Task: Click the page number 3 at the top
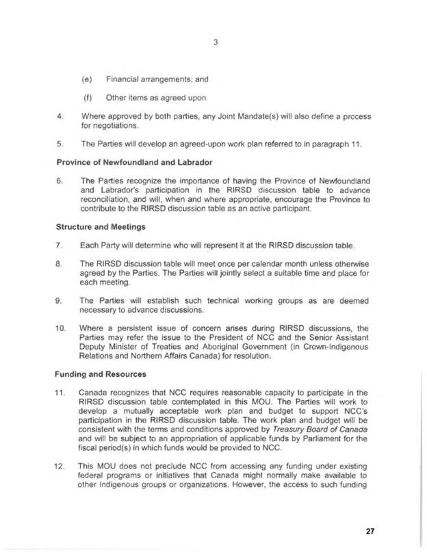(x=214, y=42)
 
